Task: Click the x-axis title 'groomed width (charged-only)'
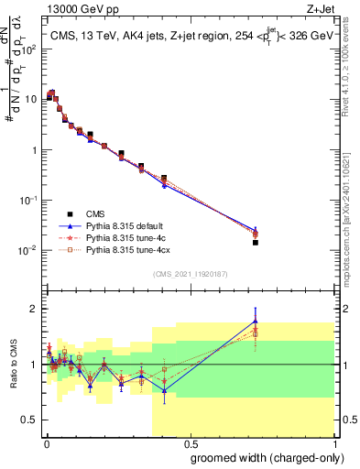pos(263,456)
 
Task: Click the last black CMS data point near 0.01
pos(256,243)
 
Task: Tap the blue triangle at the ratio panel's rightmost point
pos(256,321)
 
